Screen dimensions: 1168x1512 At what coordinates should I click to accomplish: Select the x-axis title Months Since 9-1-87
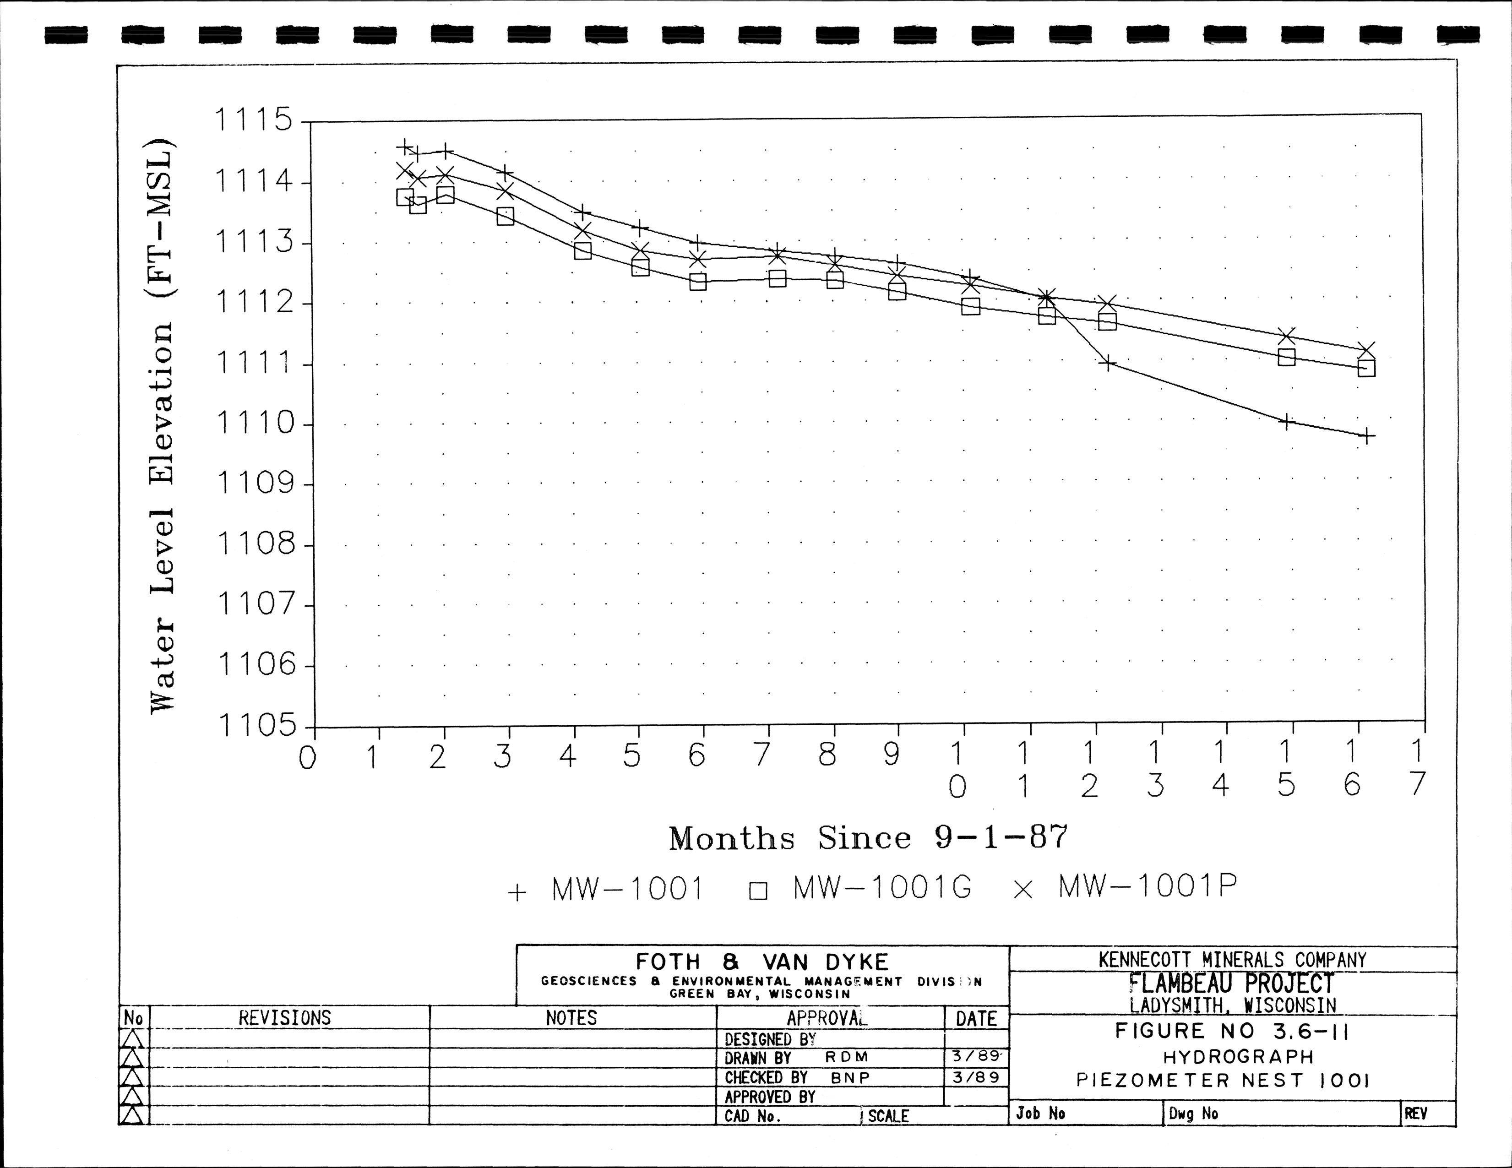coord(868,838)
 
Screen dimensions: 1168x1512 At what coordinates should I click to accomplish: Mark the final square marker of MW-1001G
coord(1366,368)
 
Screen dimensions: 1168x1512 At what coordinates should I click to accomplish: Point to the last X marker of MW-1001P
coord(1366,350)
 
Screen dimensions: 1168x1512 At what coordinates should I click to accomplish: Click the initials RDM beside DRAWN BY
coord(846,1057)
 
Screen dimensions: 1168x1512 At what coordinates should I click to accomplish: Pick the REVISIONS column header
coord(284,1018)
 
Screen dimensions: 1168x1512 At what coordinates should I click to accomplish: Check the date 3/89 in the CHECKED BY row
coord(975,1077)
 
